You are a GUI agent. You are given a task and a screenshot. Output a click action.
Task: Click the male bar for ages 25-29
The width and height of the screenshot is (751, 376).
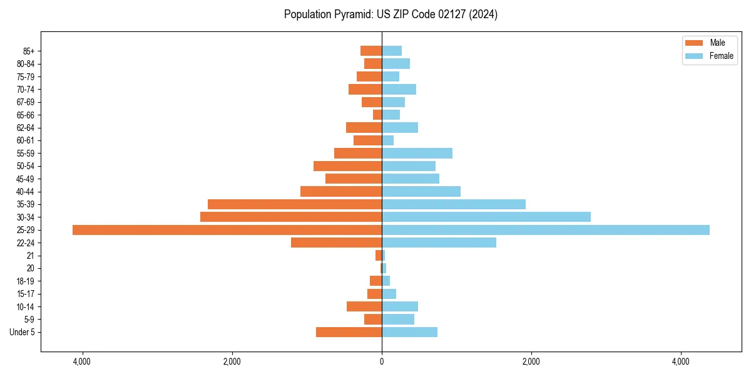click(x=227, y=230)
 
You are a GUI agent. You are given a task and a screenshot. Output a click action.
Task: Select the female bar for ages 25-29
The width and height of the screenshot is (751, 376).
click(x=546, y=230)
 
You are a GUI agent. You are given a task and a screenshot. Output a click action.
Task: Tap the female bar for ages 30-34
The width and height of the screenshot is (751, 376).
click(x=486, y=217)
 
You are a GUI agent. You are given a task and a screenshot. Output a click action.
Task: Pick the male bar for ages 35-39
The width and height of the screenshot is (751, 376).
click(x=295, y=204)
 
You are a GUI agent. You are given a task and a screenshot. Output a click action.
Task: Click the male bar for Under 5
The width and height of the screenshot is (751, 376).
click(x=349, y=332)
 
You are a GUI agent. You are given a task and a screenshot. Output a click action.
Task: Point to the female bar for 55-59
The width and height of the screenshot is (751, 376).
click(x=417, y=154)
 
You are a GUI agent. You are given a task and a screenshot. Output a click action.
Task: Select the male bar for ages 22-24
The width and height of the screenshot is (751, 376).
click(x=336, y=243)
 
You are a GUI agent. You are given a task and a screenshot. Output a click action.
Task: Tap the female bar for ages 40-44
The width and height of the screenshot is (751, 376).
click(x=421, y=192)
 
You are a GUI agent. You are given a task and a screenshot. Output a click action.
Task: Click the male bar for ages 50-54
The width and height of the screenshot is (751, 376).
click(x=347, y=166)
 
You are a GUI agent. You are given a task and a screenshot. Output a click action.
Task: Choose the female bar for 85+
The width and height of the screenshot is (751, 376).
click(x=392, y=51)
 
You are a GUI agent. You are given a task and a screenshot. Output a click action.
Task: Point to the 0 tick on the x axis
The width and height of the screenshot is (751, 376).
click(x=382, y=362)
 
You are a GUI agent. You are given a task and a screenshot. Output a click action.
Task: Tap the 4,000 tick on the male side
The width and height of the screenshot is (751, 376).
click(x=82, y=362)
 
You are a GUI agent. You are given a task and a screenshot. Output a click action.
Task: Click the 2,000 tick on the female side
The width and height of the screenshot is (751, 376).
click(x=531, y=362)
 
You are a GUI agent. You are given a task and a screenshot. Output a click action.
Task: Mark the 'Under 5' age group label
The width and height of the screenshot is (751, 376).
click(x=22, y=332)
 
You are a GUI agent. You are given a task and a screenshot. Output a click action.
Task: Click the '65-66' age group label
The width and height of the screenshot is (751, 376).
click(x=26, y=115)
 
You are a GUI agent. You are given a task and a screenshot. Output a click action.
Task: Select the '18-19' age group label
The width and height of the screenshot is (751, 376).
click(x=26, y=281)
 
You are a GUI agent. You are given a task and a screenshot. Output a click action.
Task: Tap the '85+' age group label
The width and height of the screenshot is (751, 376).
click(x=29, y=51)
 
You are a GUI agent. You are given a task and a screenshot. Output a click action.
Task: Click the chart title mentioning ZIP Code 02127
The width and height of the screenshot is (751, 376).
click(x=391, y=14)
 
